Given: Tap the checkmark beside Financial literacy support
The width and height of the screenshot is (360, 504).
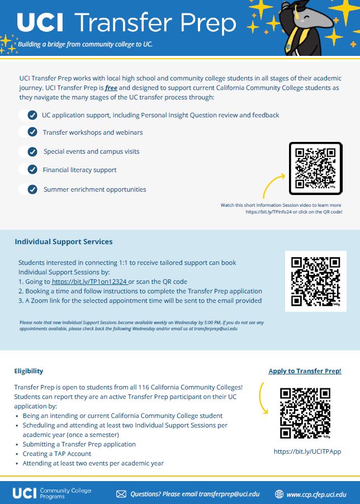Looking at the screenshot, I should [x=32, y=169].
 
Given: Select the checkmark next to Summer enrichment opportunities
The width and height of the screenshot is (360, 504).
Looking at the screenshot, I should [x=32, y=189].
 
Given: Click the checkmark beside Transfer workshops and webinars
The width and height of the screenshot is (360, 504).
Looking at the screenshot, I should [x=32, y=132].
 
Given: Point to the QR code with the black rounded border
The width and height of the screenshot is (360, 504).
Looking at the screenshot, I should [x=315, y=168].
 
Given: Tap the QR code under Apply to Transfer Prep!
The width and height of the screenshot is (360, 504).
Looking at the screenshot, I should [x=305, y=413].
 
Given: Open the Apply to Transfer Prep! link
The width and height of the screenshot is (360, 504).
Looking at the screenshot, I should [x=305, y=371].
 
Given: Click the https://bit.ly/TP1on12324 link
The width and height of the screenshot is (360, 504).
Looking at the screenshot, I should [x=89, y=282].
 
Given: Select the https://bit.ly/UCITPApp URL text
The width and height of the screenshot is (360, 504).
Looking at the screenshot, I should [x=307, y=451].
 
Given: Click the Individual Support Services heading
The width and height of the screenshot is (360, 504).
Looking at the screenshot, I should [x=64, y=242].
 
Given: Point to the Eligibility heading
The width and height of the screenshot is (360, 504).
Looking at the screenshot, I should [x=29, y=371].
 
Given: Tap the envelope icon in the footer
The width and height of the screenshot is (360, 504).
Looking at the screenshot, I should [x=121, y=494].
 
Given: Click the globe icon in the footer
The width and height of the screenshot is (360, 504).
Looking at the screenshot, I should [x=280, y=494].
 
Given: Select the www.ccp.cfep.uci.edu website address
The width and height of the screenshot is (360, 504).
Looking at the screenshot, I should [x=316, y=494].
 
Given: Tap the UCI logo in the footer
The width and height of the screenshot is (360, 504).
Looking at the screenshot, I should [x=25, y=493].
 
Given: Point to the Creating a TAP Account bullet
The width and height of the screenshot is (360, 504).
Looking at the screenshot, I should [x=57, y=454].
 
